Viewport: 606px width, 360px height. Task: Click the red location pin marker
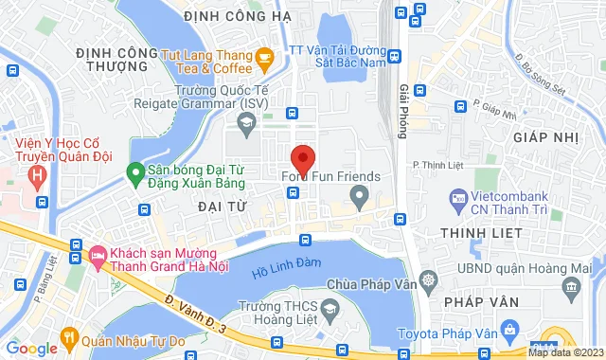coord(302,158)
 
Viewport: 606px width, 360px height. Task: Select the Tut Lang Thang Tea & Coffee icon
coord(264,61)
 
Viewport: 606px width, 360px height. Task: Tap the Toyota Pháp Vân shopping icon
coord(510,331)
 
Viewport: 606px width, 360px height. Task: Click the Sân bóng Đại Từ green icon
coord(134,173)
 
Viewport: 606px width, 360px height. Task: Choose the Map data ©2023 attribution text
coord(565,352)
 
